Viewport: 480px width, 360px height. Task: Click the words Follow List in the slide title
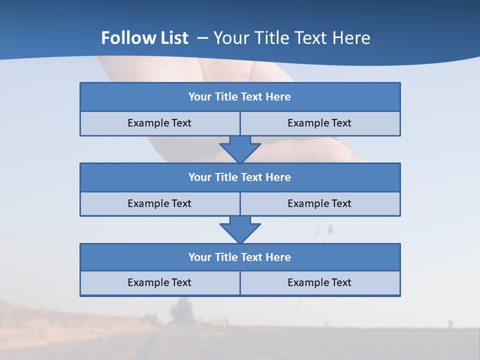144,38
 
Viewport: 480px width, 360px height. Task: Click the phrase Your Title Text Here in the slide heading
291,38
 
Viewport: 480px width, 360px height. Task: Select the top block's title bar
240,97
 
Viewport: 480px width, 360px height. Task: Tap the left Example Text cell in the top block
159,123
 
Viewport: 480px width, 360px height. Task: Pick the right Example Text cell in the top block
319,123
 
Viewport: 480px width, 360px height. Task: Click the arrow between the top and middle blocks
240,149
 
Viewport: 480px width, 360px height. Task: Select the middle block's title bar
240,177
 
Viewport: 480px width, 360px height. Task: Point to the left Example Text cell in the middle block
159,203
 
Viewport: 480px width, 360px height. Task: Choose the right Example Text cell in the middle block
319,203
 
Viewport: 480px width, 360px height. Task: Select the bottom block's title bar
240,257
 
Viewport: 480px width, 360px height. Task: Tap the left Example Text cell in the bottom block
159,283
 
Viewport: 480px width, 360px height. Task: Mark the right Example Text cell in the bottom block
319,283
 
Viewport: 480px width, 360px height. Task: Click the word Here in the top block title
278,97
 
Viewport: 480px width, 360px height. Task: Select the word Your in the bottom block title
199,257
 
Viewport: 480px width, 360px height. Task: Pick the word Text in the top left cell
181,123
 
